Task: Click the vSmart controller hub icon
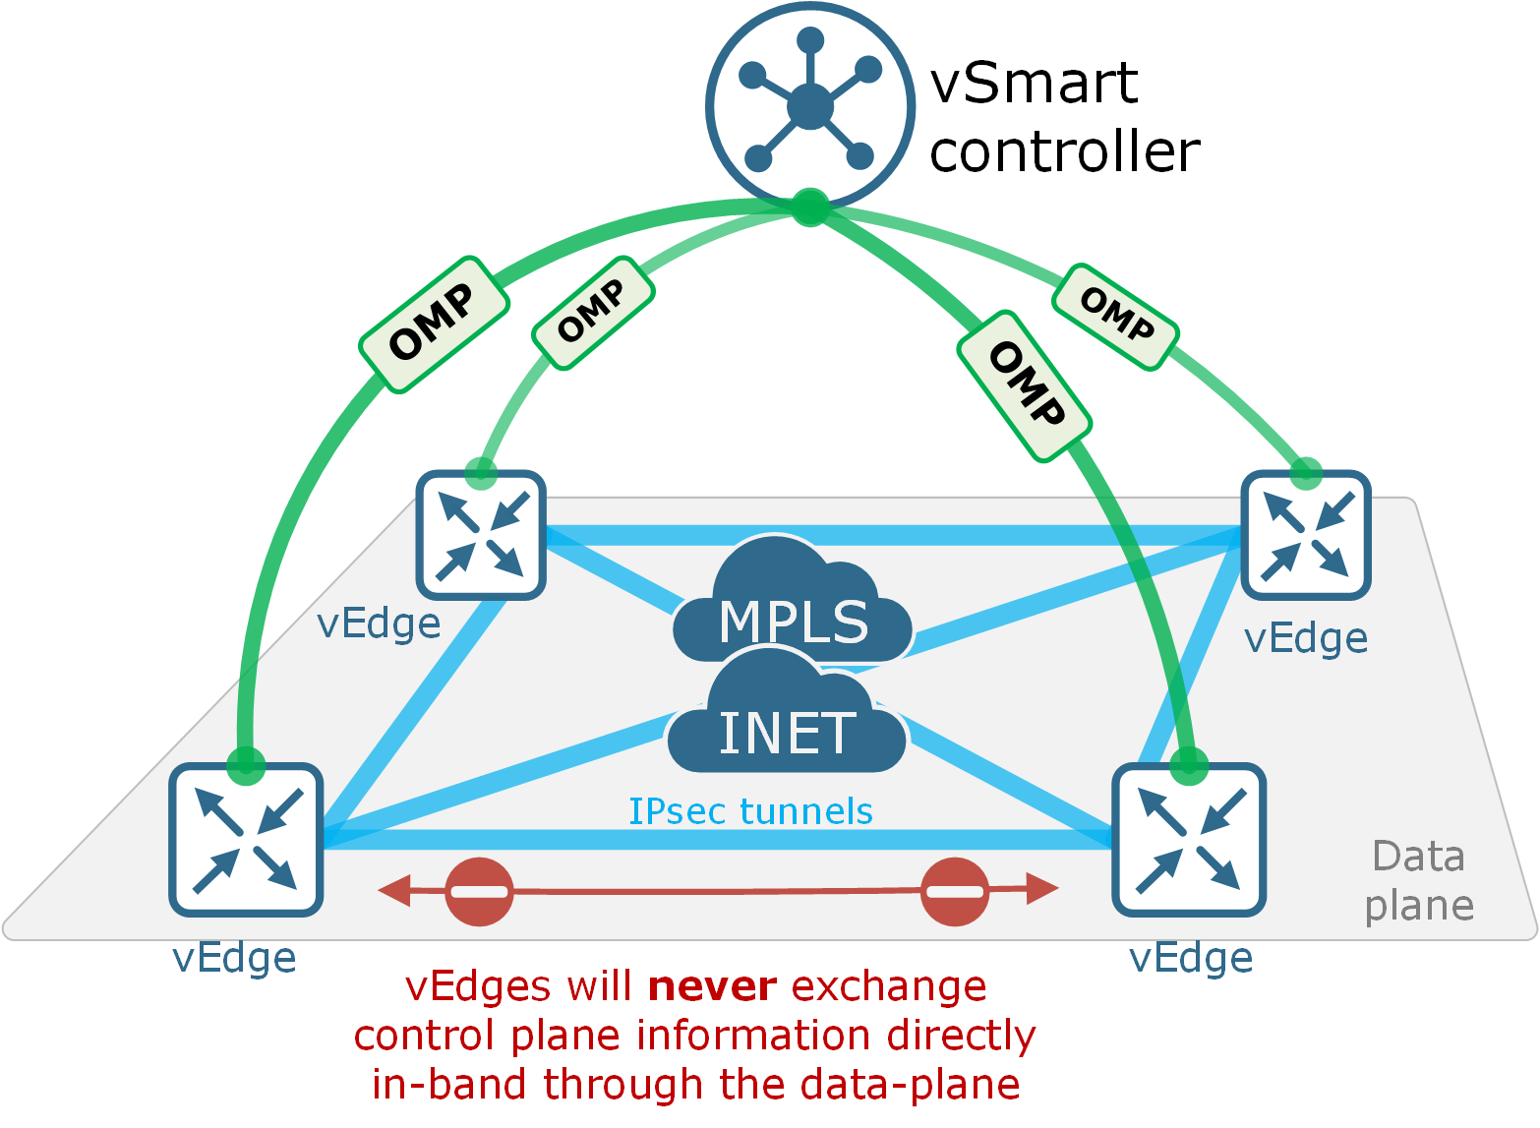click(x=809, y=104)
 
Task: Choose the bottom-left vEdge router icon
click(x=246, y=839)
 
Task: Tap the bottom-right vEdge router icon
click(x=1189, y=839)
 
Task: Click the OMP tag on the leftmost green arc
click(x=434, y=325)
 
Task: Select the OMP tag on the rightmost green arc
click(x=1115, y=317)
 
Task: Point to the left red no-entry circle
click(x=480, y=892)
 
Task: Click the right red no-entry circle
click(x=955, y=892)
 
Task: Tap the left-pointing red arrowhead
click(x=394, y=891)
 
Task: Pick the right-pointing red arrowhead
click(x=1042, y=888)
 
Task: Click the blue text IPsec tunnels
click(x=750, y=811)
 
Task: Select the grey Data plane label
click(x=1419, y=881)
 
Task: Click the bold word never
click(x=713, y=986)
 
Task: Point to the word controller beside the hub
click(x=1065, y=151)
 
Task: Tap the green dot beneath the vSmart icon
click(x=810, y=208)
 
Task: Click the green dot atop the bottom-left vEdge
click(x=246, y=764)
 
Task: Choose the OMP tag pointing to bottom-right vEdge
click(x=1024, y=386)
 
